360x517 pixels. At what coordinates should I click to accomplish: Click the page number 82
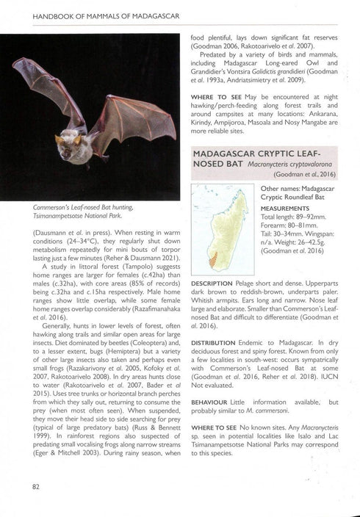(35, 485)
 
